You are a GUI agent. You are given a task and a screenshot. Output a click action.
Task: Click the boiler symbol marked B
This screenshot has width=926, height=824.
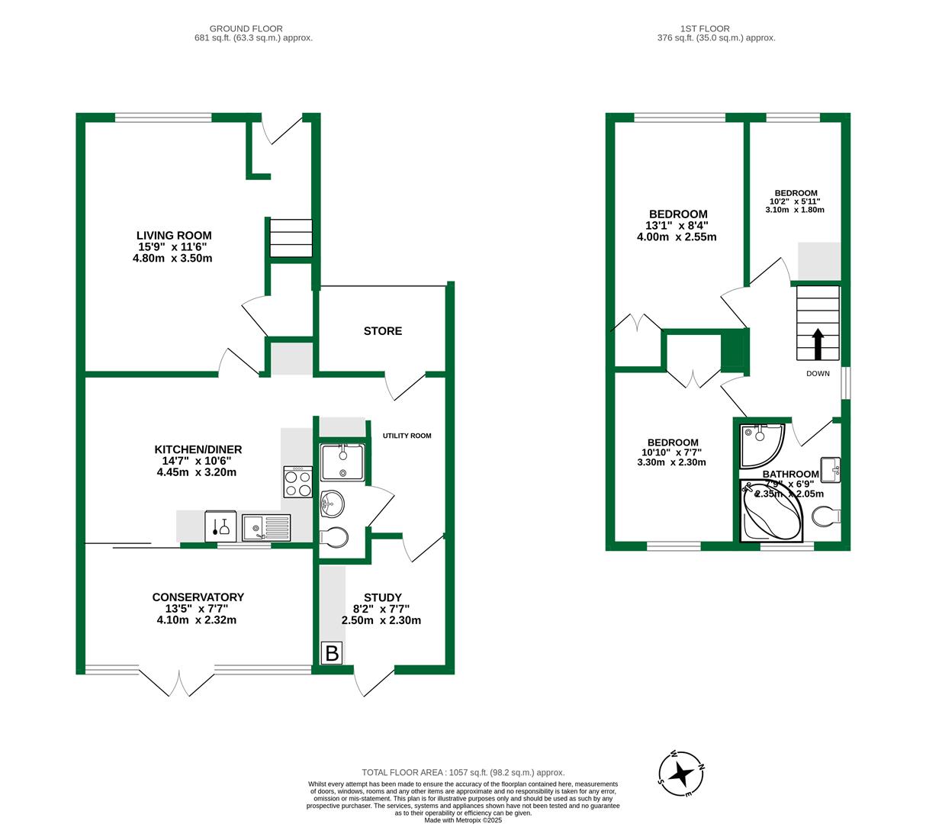coord(332,654)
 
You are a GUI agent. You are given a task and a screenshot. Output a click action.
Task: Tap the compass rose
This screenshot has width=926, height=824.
coord(682,774)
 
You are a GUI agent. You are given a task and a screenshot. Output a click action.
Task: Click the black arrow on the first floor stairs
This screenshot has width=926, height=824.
coord(818,344)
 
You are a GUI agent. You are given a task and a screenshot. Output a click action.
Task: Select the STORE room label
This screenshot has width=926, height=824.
coord(383,331)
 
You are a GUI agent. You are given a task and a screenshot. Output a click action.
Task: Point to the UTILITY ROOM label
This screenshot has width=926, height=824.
coord(407,436)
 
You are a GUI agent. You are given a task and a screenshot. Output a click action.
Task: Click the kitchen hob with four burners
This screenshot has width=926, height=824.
coord(297,482)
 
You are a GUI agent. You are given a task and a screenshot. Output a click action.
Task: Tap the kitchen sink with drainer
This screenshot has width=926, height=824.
coord(266,527)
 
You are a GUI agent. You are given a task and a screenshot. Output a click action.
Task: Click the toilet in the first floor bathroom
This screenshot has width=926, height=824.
coord(826,518)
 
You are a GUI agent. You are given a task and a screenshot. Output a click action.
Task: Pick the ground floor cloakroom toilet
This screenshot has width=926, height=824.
coord(333,537)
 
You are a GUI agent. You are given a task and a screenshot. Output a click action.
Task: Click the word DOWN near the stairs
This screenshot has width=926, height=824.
coord(818,374)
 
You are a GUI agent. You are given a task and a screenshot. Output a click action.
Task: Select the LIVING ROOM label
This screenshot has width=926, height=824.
coord(174,236)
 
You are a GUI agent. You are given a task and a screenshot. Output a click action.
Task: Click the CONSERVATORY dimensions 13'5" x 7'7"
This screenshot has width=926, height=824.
coord(198,609)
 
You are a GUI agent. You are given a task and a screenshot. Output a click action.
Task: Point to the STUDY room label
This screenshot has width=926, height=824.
coord(382,597)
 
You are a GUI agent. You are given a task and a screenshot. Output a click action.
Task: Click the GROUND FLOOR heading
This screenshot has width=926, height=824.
coord(254,28)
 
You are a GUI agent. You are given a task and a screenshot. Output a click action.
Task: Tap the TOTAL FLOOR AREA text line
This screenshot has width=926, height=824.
coord(463,773)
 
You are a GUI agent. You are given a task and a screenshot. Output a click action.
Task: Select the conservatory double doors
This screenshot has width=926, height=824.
coord(180,683)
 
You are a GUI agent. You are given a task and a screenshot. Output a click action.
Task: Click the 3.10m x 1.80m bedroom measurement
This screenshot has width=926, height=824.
coord(795,210)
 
